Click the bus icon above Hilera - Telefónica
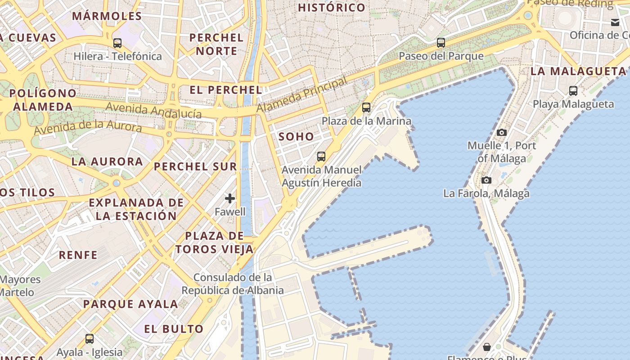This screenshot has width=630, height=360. [117, 43]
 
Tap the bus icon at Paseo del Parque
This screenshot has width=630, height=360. [441, 43]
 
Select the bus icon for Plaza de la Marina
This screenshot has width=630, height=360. [366, 108]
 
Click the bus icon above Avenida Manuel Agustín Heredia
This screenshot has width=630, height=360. [321, 157]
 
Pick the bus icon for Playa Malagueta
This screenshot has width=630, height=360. [573, 90]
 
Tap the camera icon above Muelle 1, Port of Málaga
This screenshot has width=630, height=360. [502, 132]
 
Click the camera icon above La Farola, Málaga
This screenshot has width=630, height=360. [486, 180]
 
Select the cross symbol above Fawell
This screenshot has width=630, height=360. [230, 198]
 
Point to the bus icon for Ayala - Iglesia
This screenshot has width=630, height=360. [90, 338]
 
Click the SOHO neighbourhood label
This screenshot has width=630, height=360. [296, 137]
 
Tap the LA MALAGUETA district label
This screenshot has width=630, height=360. [578, 71]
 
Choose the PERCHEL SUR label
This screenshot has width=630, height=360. [195, 166]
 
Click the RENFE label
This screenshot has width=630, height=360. [78, 255]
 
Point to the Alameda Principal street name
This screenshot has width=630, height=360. [301, 95]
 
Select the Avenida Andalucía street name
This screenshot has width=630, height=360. [153, 110]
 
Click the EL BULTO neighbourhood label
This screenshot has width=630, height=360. [174, 329]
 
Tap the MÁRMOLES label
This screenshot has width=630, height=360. [107, 16]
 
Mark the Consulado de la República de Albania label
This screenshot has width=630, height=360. [233, 283]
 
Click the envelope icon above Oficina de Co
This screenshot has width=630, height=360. [615, 22]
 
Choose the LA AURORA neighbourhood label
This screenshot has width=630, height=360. [107, 162]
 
